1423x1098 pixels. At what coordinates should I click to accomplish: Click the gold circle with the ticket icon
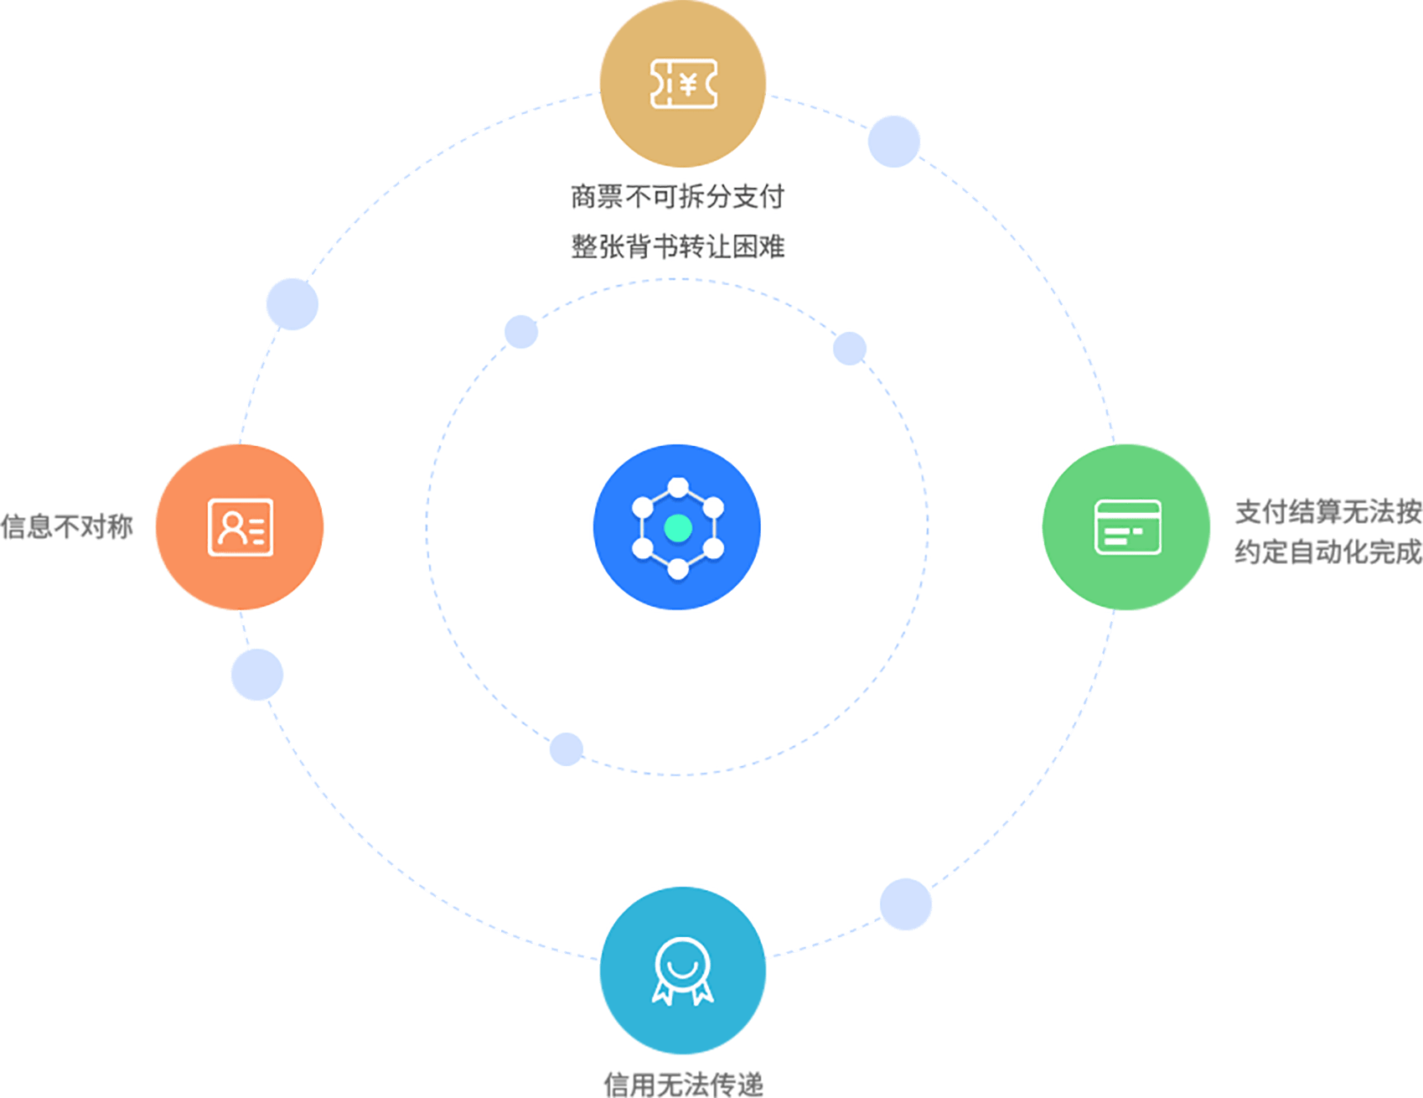tap(682, 83)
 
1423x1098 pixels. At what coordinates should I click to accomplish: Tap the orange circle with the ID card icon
tap(240, 527)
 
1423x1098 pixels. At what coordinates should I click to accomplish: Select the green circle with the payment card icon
tap(1126, 527)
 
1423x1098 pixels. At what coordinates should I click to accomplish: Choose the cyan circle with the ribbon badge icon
tap(682, 971)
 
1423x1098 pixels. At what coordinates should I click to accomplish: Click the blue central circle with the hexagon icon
tap(677, 527)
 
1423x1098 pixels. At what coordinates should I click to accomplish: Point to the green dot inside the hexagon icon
tap(677, 528)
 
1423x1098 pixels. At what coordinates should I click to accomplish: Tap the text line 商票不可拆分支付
tap(677, 197)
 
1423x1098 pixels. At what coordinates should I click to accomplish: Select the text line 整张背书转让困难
tap(677, 246)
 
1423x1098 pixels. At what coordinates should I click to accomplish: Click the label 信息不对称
tap(67, 527)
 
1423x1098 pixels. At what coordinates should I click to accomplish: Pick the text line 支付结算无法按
tap(1327, 511)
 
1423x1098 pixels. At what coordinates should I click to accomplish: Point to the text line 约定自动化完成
tap(1327, 552)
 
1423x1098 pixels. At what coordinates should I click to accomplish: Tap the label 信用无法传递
tap(683, 1084)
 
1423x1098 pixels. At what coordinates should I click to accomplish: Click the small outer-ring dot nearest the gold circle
tap(894, 141)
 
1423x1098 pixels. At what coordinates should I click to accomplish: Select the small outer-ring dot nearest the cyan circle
tap(906, 904)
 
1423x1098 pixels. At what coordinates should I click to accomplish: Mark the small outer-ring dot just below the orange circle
tap(256, 675)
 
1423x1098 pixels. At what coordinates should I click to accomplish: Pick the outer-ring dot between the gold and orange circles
tap(292, 303)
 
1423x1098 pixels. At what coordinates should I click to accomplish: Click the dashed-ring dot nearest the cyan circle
tap(567, 748)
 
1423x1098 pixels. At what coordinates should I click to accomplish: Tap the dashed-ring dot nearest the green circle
tap(850, 348)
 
